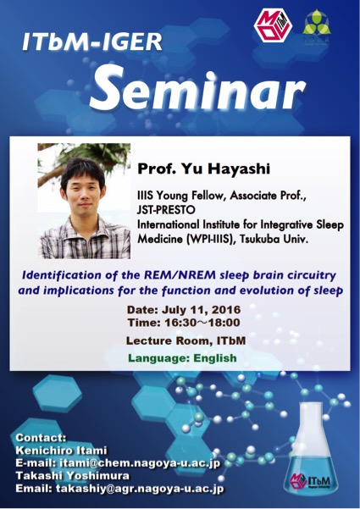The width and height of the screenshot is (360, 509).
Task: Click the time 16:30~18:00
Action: tap(206, 323)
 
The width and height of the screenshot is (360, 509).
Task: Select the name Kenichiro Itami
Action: tap(63, 450)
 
